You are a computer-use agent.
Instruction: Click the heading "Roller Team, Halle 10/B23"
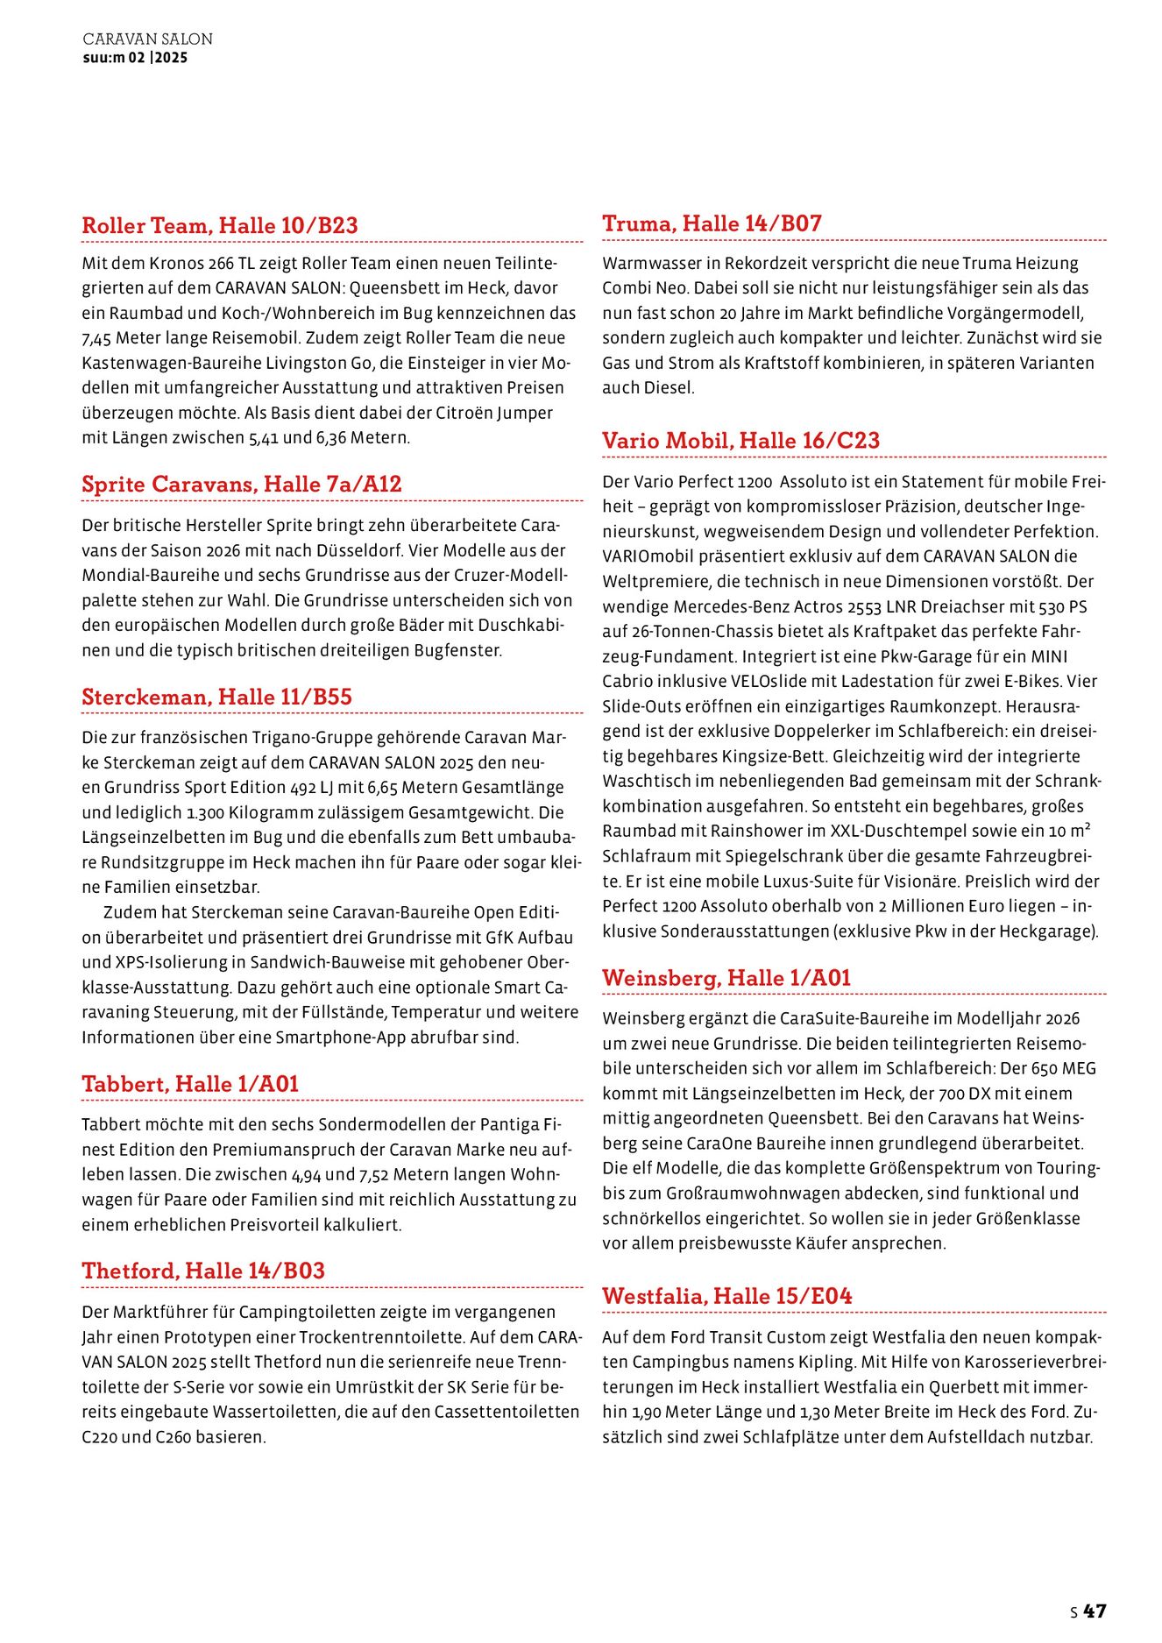(x=220, y=225)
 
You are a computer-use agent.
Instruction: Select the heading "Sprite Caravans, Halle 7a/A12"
(x=242, y=484)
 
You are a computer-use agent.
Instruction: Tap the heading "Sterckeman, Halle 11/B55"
(x=216, y=697)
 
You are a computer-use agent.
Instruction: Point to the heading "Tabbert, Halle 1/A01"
(x=190, y=1084)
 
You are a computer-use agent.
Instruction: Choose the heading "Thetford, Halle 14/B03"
(x=203, y=1271)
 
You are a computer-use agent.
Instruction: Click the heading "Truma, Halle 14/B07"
(x=712, y=223)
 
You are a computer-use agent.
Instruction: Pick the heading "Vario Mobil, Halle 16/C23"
(x=740, y=440)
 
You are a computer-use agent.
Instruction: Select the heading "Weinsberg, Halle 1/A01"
(x=726, y=977)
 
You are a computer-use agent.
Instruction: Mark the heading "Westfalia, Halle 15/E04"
(x=726, y=1295)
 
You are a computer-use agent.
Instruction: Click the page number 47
(x=1095, y=1611)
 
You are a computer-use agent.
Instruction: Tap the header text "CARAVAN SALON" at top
(x=147, y=39)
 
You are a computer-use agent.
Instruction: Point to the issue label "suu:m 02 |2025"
(x=135, y=58)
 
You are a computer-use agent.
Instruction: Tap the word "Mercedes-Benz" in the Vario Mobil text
(x=736, y=606)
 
